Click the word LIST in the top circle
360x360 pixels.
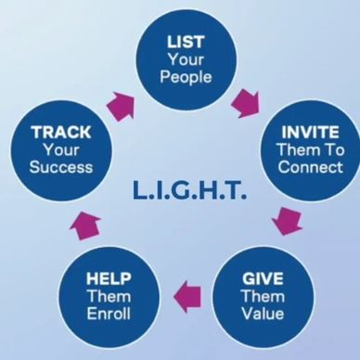[186, 42]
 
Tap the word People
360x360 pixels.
[186, 77]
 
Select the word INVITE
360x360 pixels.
[310, 133]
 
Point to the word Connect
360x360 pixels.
[310, 167]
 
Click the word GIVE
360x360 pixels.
[263, 278]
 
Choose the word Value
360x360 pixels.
[263, 314]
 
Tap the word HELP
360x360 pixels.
[109, 278]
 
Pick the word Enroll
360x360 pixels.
[109, 314]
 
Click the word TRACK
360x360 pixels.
[61, 133]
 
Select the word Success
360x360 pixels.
[61, 167]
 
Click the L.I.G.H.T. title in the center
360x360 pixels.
[189, 190]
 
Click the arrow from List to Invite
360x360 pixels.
[246, 104]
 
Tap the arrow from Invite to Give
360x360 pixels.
[288, 221]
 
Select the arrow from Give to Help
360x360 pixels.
[187, 297]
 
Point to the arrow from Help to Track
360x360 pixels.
[85, 226]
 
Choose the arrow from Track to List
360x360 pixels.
[121, 106]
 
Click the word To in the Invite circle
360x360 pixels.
[334, 150]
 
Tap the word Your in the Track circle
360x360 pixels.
[61, 150]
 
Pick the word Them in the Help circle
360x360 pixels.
[109, 296]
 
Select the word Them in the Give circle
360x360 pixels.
[263, 296]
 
